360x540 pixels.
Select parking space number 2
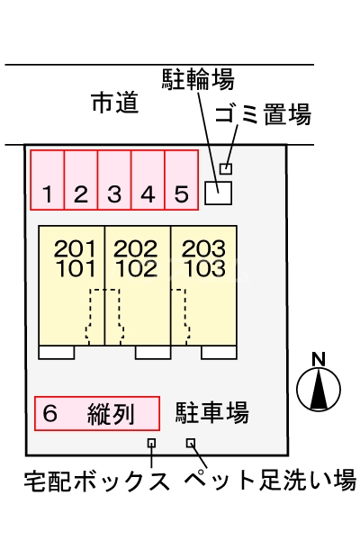coord(81,180)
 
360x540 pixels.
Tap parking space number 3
coord(114,180)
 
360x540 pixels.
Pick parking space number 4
coord(148,180)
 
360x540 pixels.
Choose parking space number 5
coord(181,180)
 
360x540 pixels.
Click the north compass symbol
coord(318,386)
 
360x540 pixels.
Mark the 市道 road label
coord(115,103)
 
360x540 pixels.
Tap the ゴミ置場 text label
coord(264,114)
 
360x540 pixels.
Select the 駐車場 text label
coord(212,413)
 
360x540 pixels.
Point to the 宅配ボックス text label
coord(96,480)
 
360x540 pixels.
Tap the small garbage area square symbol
coord(226,168)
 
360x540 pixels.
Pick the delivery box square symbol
coord(151,443)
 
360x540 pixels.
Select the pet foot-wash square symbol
coord(191,443)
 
